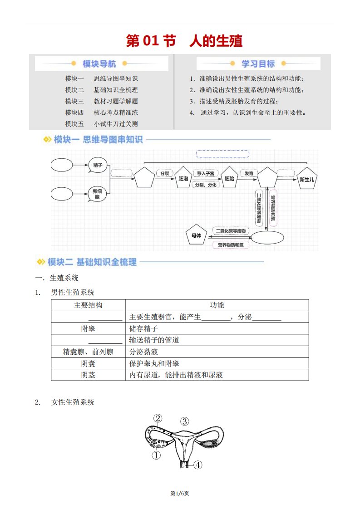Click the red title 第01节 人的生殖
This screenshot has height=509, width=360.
click(184, 41)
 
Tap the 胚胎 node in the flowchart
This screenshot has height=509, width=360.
click(229, 180)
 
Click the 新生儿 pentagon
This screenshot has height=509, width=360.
click(307, 180)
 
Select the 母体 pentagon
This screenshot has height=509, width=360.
click(196, 235)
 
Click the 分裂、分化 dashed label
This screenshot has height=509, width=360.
click(206, 185)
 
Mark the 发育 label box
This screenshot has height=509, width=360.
click(249, 173)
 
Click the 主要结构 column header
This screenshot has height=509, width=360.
click(88, 305)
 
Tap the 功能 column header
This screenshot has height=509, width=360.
click(217, 305)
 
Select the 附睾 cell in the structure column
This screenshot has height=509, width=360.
click(88, 328)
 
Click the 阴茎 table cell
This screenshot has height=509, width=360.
click(88, 375)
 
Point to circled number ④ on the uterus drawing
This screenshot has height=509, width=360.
click(197, 465)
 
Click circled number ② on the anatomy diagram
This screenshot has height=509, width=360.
click(158, 419)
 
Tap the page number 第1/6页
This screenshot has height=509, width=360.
click(180, 493)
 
